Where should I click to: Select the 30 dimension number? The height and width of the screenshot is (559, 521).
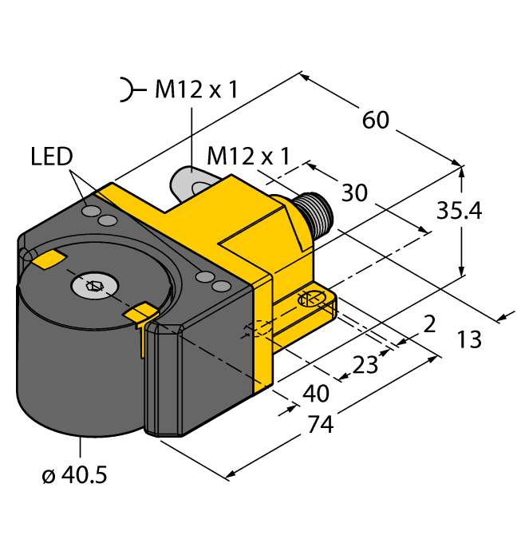[355, 193]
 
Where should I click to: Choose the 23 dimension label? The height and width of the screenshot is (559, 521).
[365, 365]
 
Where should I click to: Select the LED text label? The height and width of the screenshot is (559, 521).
[52, 156]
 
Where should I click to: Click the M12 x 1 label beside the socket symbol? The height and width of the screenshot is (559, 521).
[195, 90]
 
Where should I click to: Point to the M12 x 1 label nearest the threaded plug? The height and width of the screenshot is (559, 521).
[248, 155]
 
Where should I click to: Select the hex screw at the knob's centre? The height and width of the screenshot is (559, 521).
[93, 284]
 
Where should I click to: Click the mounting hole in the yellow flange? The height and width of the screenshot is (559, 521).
[310, 300]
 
